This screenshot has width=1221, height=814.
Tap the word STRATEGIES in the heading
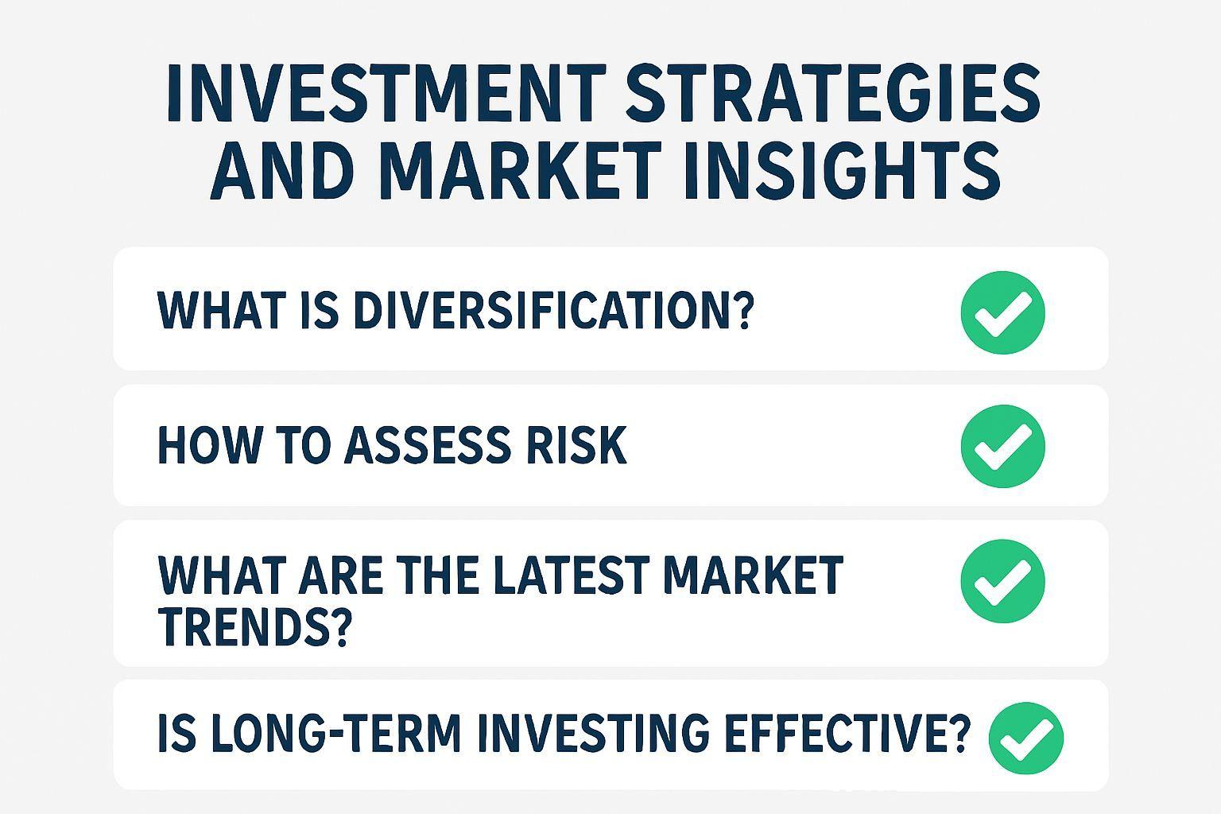(x=833, y=93)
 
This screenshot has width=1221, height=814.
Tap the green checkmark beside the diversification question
(x=1002, y=312)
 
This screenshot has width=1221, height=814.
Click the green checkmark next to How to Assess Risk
(x=1002, y=446)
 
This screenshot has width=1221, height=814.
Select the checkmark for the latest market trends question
(x=1002, y=580)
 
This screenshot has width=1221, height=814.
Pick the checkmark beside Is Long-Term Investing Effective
(x=1026, y=738)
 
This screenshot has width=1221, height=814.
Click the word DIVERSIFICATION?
(x=554, y=310)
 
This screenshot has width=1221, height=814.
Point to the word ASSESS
(x=428, y=445)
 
